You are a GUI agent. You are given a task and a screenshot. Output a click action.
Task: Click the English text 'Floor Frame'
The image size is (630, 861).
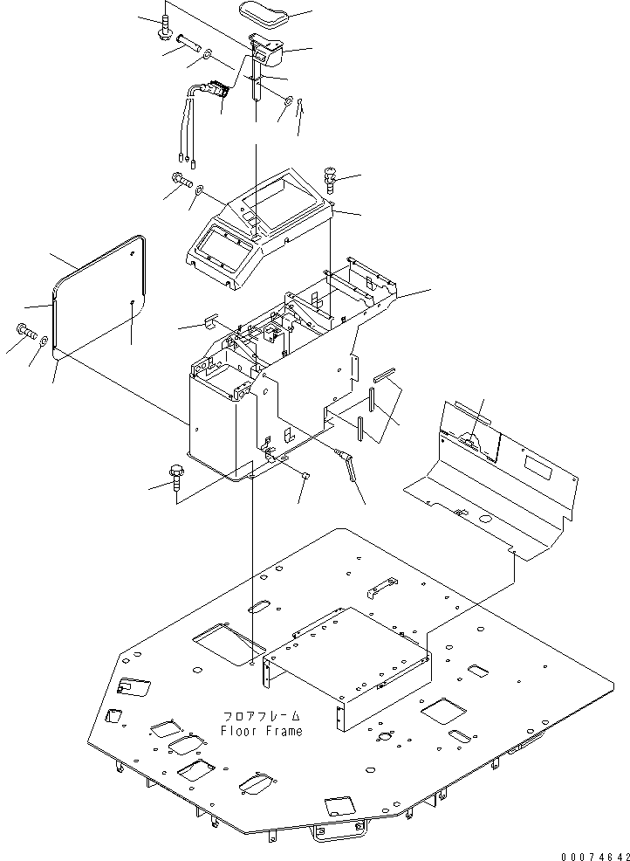coord(261,731)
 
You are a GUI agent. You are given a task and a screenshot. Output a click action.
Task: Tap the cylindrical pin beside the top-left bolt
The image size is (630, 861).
coord(188,43)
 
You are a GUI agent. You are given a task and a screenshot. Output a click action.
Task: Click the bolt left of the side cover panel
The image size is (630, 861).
coord(26,331)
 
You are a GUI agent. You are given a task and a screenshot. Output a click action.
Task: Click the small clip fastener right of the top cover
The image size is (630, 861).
coord(331,178)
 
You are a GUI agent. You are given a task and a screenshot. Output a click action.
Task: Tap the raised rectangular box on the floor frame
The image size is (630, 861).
coord(346,665)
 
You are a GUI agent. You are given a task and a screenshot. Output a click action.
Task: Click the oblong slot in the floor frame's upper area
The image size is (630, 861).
coord(258,606)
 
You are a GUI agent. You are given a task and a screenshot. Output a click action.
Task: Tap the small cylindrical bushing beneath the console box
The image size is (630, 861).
coord(307,474)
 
